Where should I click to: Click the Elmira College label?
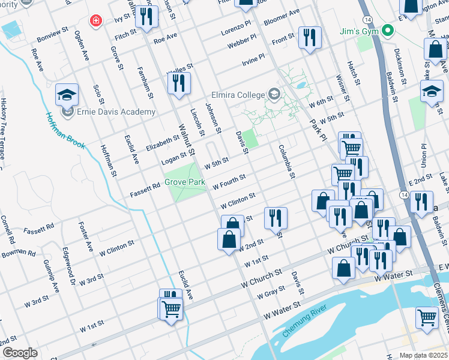coord(238,94)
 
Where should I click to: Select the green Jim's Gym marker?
coord(388,30)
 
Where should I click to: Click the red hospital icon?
coord(95,22)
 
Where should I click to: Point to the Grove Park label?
coord(185,182)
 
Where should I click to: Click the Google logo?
coord(19,353)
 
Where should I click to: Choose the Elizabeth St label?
coord(162,142)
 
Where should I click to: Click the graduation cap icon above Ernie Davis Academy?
coord(67,94)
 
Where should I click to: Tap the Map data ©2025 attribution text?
coord(423,355)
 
